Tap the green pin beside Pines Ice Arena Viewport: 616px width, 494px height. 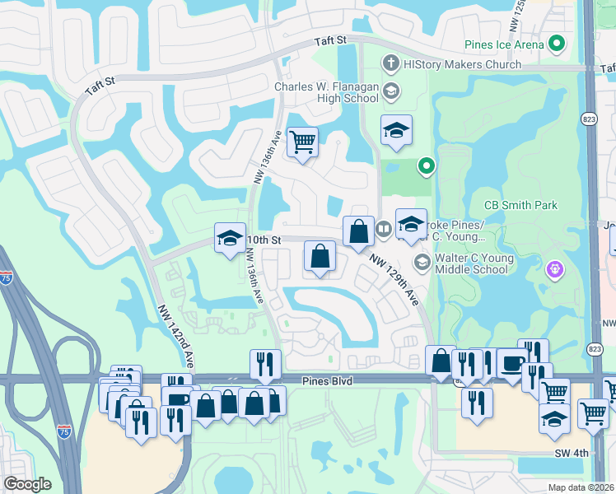(558, 44)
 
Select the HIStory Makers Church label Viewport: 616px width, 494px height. (462, 64)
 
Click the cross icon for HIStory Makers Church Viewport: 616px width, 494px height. (390, 63)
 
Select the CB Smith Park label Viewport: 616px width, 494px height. (520, 205)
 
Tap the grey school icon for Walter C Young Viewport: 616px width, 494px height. (422, 263)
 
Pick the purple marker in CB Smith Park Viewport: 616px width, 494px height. (555, 268)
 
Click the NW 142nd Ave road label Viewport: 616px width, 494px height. (177, 336)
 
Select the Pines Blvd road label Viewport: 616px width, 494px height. (328, 380)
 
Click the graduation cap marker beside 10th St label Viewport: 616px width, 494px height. (229, 239)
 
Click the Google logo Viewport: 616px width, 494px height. (27, 484)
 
